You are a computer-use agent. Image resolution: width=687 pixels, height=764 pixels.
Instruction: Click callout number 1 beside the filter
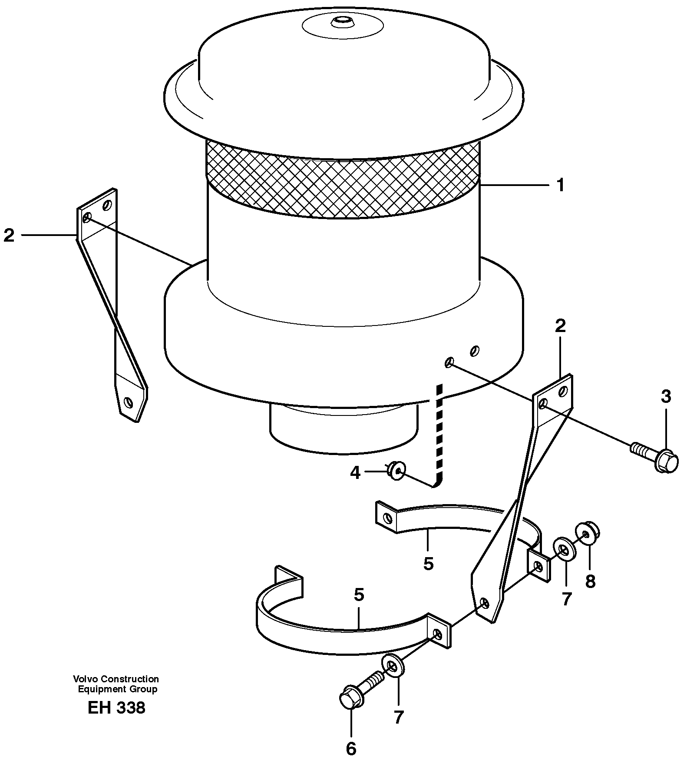coord(561,186)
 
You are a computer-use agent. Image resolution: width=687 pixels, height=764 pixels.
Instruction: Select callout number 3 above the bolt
coord(666,396)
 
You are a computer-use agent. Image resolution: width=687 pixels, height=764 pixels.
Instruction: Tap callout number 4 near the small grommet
coord(355,472)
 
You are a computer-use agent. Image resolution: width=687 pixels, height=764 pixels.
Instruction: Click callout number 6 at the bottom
coord(351,748)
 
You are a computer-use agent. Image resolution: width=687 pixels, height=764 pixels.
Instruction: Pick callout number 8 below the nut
coord(590,581)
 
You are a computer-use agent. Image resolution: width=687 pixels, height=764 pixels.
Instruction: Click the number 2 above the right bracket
coord(560,326)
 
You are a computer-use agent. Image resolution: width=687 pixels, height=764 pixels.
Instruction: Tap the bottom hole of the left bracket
coord(128,402)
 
